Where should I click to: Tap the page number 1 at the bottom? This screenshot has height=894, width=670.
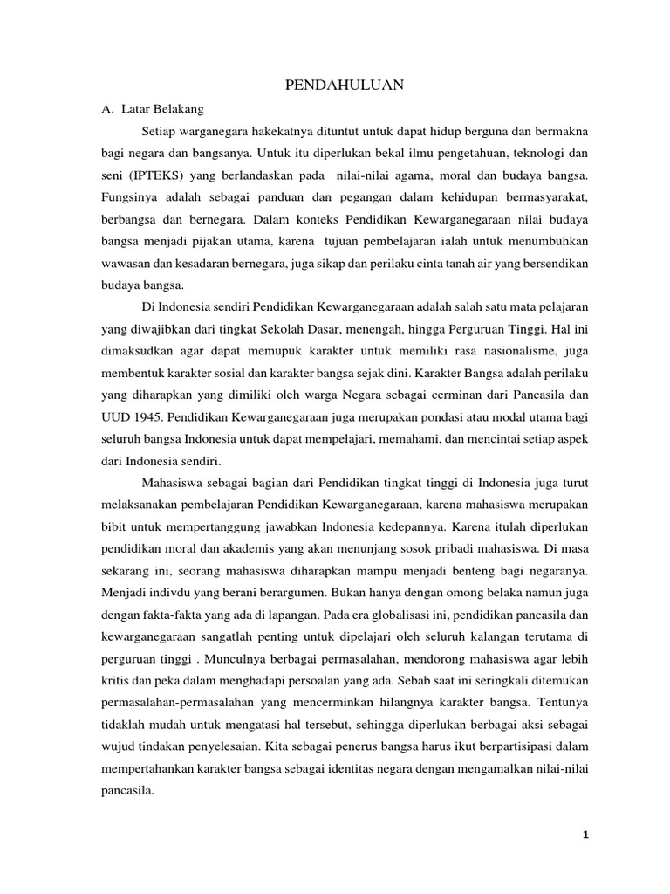[x=586, y=835]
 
